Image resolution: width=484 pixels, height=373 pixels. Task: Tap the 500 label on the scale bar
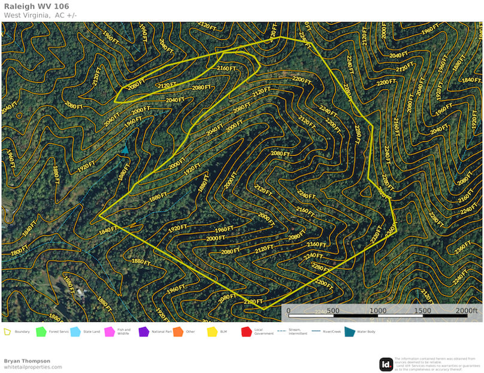pos(333,311)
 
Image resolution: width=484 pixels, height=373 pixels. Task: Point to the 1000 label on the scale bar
pos(377,311)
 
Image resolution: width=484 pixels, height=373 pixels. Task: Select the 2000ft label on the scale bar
pos(466,311)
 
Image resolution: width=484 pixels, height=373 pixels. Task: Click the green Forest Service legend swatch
pos(41,331)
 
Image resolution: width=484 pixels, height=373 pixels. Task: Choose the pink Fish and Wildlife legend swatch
pos(109,331)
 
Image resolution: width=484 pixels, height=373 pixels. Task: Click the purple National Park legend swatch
pos(143,331)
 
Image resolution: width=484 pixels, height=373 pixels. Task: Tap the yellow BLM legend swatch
pos(211,331)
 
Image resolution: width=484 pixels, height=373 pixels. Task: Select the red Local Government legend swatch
pos(246,331)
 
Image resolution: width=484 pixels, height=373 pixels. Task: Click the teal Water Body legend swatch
pos(349,331)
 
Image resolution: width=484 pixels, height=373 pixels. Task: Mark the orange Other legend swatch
pos(177,331)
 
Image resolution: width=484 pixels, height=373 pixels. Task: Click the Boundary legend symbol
pos(7,331)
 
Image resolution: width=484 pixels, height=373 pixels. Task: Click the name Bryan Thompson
pos(27,361)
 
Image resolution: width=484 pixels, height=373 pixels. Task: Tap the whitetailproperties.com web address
pos(32,367)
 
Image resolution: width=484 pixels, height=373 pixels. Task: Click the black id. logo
pos(386,364)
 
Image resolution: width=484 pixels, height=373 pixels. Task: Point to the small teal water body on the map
pos(125,150)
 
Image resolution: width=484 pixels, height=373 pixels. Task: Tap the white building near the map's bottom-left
pos(79,292)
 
